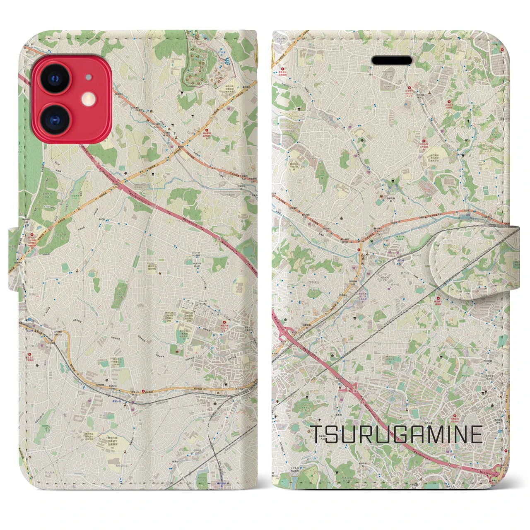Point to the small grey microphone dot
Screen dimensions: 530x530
pos(87,77)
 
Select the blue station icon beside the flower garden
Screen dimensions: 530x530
pos(227,60)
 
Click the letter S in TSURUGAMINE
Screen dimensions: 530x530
pos(331,434)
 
